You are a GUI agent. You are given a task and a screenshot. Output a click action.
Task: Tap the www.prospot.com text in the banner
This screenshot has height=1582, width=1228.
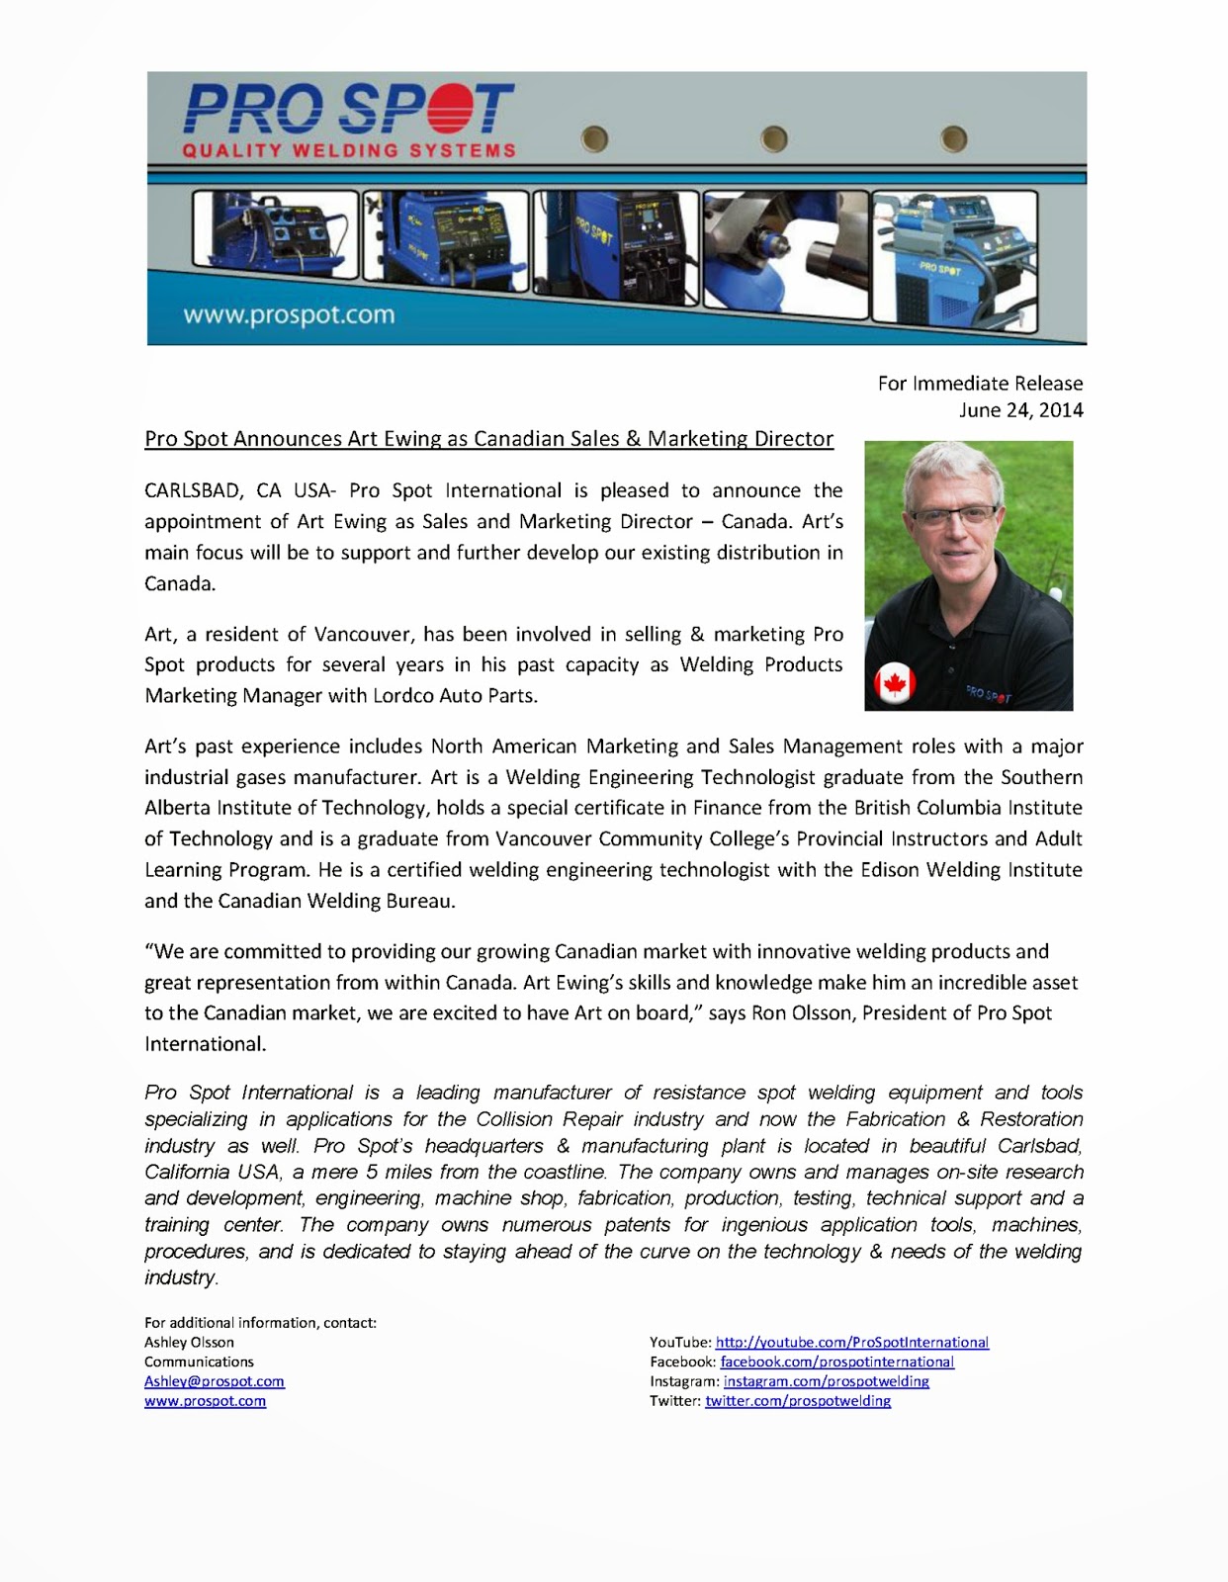click(x=289, y=315)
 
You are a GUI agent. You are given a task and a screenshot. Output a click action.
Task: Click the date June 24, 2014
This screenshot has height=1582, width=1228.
click(x=1020, y=409)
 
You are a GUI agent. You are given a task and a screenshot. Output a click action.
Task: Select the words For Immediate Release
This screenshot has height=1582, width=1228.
click(x=980, y=383)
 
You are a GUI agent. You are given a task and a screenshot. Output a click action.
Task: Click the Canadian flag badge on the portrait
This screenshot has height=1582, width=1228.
click(x=896, y=683)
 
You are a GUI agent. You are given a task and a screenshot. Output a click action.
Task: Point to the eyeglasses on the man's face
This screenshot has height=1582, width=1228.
click(x=952, y=515)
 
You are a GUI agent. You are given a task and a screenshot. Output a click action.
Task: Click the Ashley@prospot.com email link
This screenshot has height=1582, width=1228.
click(x=215, y=1381)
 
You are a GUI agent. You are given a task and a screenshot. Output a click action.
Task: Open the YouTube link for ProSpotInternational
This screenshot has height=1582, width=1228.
click(x=851, y=1342)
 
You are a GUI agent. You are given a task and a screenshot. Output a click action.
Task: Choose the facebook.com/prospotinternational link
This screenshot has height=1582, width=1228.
click(x=836, y=1362)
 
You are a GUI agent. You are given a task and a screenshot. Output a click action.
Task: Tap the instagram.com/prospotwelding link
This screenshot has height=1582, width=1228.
click(x=826, y=1381)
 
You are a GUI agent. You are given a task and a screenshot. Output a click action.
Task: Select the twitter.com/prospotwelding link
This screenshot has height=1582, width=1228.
click(x=797, y=1401)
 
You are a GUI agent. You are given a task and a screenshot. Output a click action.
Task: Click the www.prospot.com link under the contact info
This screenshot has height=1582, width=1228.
click(x=205, y=1401)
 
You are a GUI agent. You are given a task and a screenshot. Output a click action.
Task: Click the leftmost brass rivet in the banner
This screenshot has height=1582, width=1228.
click(x=594, y=139)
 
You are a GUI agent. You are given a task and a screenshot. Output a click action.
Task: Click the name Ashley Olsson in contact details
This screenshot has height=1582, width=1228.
click(x=189, y=1342)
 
